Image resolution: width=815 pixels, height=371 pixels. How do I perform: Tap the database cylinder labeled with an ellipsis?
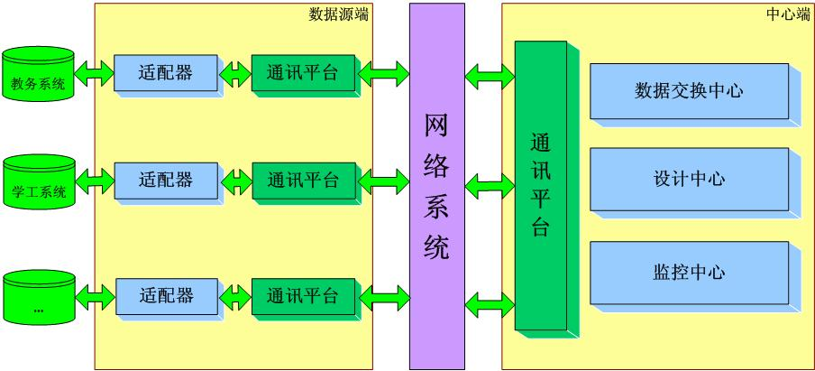tap(38, 297)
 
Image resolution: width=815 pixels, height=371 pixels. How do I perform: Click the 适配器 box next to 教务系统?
tap(166, 73)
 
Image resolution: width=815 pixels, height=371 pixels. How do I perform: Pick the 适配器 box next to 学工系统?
tap(166, 180)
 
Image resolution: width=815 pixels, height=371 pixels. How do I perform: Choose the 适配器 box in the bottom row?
tap(167, 295)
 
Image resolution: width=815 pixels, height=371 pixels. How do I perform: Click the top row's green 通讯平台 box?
tap(303, 73)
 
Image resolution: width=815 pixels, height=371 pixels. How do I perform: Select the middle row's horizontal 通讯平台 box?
tap(303, 180)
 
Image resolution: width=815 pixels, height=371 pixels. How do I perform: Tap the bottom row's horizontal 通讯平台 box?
tap(303, 295)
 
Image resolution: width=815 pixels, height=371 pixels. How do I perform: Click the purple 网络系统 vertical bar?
tap(436, 185)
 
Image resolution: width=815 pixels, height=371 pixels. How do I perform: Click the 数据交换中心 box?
tap(689, 90)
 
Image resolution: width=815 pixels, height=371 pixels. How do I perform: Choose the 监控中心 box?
tap(689, 272)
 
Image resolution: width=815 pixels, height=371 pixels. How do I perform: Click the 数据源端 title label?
tap(338, 14)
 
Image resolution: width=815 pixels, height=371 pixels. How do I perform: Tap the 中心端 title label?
tap(788, 14)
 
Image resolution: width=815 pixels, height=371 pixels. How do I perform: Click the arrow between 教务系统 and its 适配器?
tap(93, 71)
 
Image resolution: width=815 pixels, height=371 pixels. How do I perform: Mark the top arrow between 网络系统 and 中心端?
tap(489, 77)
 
